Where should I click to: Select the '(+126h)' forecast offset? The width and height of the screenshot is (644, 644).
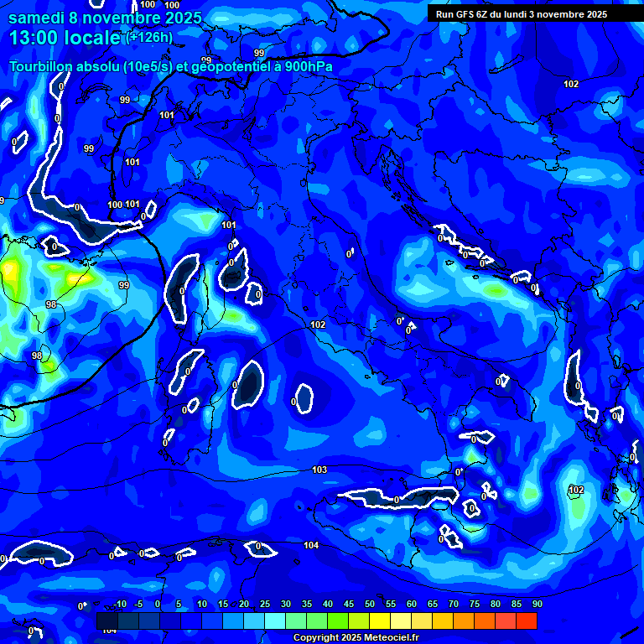pos(149,38)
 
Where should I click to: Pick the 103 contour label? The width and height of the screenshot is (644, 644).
pos(319,470)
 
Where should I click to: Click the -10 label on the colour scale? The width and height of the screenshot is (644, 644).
pos(120,605)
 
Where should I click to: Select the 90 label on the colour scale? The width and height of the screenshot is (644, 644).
pos(538,605)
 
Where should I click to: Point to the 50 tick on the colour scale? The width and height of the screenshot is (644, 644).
pos(370,605)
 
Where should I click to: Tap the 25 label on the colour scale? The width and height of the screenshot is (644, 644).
pos(265,605)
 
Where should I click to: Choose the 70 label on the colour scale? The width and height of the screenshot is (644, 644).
pos(454,605)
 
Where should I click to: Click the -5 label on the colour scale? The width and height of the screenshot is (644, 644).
pos(139,605)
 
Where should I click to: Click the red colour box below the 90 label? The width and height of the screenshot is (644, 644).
pos(527,621)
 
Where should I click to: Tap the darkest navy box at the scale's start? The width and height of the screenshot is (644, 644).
pos(107,621)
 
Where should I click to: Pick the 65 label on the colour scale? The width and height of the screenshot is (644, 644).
pos(433,605)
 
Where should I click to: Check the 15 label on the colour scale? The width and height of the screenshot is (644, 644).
pos(223,605)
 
